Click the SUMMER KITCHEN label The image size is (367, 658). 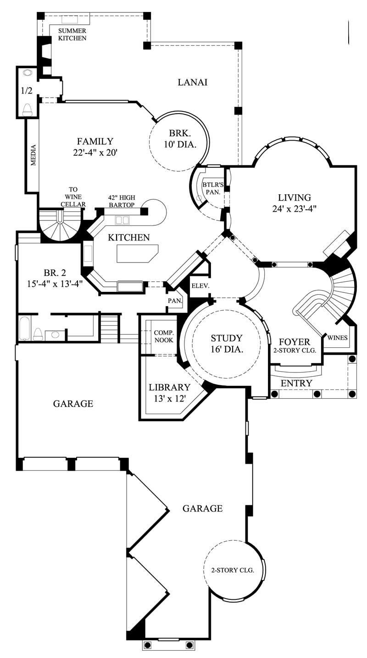pos(72,34)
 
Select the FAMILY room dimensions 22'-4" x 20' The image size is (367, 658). pos(95,152)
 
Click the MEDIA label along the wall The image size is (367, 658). pos(33,155)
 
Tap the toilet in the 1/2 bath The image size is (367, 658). pos(27,109)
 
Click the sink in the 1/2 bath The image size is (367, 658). pos(27,72)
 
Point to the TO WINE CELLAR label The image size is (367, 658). pos(73,196)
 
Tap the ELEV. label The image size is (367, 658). pos(200,285)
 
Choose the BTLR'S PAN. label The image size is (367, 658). pos(212,189)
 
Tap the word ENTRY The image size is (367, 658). pos(296,383)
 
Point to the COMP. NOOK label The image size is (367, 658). pos(163,336)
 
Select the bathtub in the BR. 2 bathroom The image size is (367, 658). pos(25,328)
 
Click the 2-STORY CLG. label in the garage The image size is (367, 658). pos(233,570)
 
